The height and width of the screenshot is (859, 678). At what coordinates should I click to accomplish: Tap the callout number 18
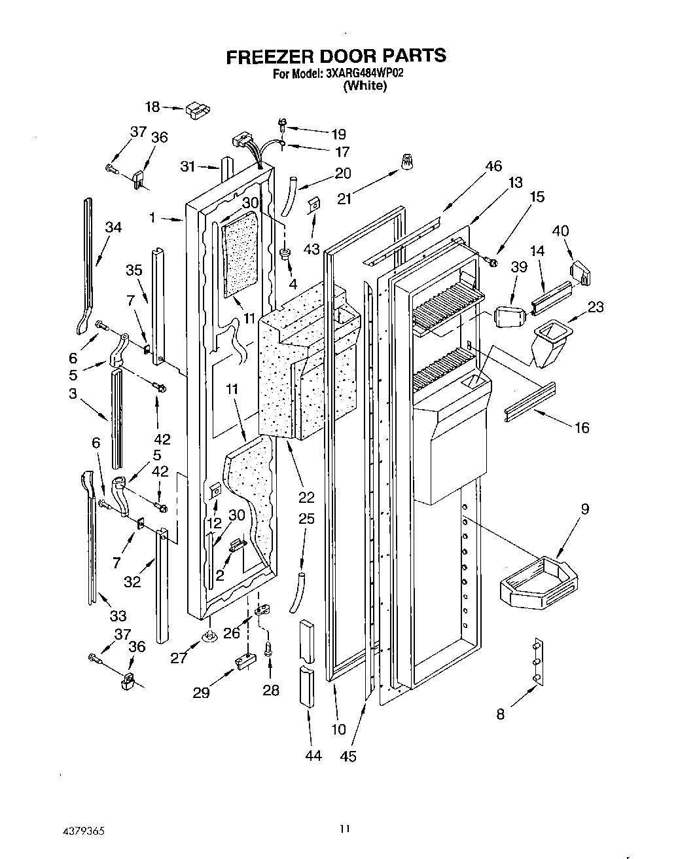pyautogui.click(x=152, y=107)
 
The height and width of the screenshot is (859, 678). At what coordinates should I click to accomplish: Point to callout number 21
pyautogui.click(x=344, y=198)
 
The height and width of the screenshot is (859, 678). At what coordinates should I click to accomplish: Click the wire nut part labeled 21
pyautogui.click(x=407, y=160)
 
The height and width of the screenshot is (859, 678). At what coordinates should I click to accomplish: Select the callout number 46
pyautogui.click(x=493, y=166)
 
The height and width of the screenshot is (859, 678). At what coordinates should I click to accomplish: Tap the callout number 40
pyautogui.click(x=560, y=230)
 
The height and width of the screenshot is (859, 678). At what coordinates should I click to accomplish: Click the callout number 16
pyautogui.click(x=581, y=428)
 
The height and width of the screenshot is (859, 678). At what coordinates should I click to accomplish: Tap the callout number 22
pyautogui.click(x=306, y=497)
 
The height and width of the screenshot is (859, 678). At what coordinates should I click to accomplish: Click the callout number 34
pyautogui.click(x=113, y=227)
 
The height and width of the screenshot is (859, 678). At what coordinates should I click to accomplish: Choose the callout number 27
pyautogui.click(x=179, y=658)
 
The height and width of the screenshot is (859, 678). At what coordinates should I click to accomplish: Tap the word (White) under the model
pyautogui.click(x=365, y=86)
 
